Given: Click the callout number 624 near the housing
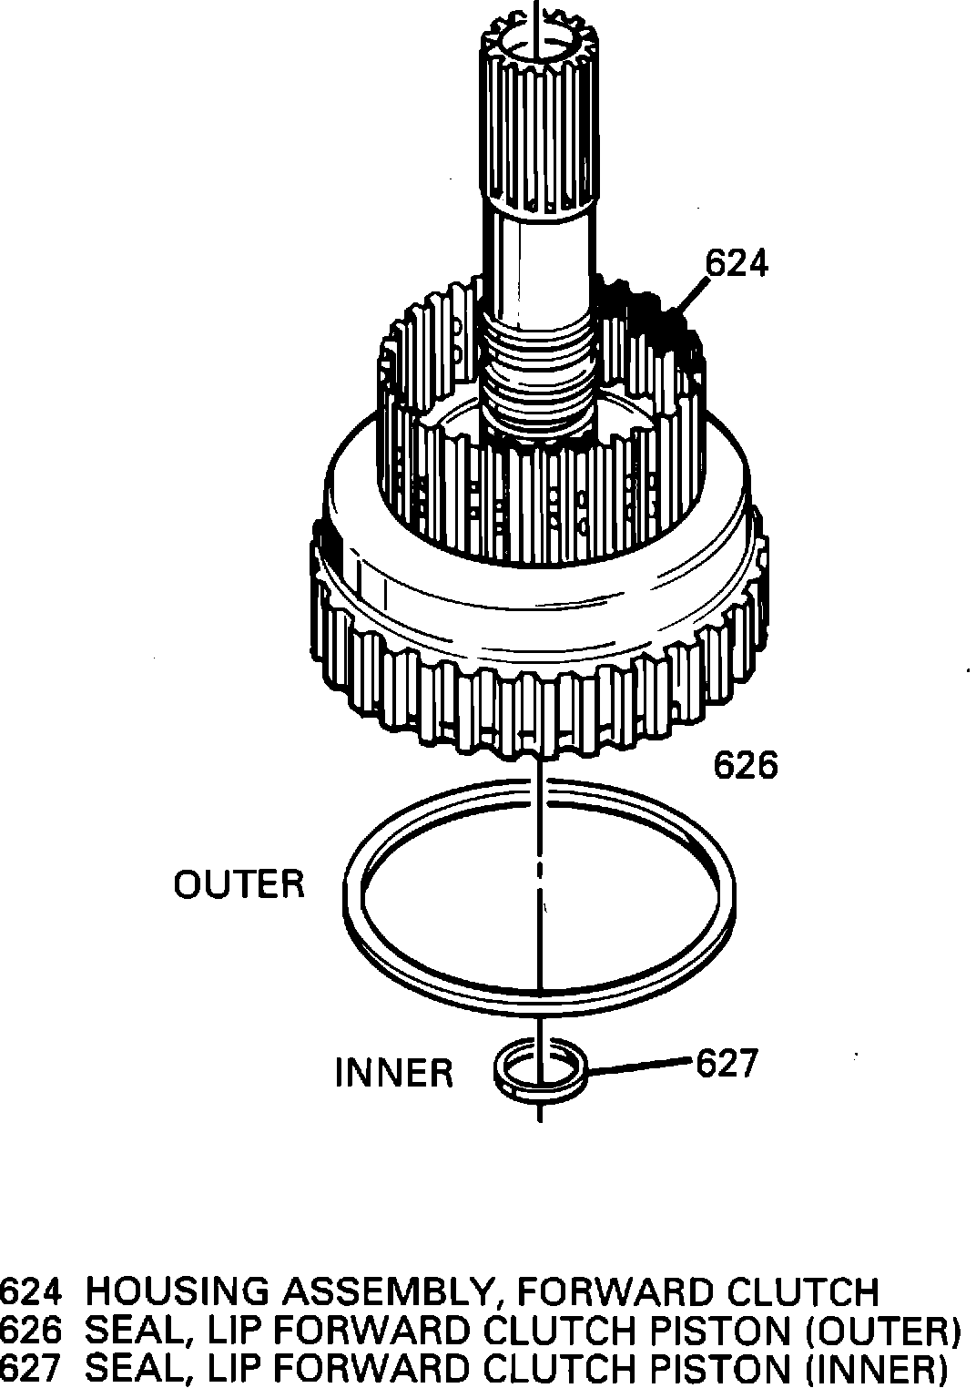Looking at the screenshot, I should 737,263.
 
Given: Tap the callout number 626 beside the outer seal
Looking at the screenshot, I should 746,766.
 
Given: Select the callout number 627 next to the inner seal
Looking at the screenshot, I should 727,1063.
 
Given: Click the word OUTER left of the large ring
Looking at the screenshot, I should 239,884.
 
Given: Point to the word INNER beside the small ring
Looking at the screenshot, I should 394,1073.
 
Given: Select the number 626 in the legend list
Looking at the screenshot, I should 32,1332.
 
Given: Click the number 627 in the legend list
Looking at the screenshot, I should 32,1369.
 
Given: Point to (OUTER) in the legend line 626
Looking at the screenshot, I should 882,1332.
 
